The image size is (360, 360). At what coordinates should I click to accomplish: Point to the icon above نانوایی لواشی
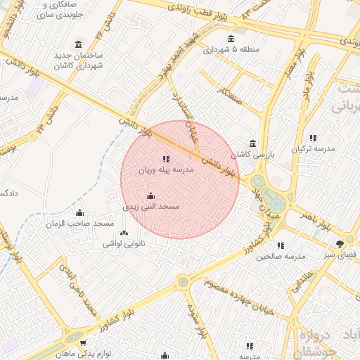(124, 233)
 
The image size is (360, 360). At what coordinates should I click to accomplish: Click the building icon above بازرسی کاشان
(252, 143)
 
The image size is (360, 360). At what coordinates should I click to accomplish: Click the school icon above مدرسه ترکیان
(312, 138)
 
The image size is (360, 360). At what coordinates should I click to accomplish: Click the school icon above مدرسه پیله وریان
(166, 159)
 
